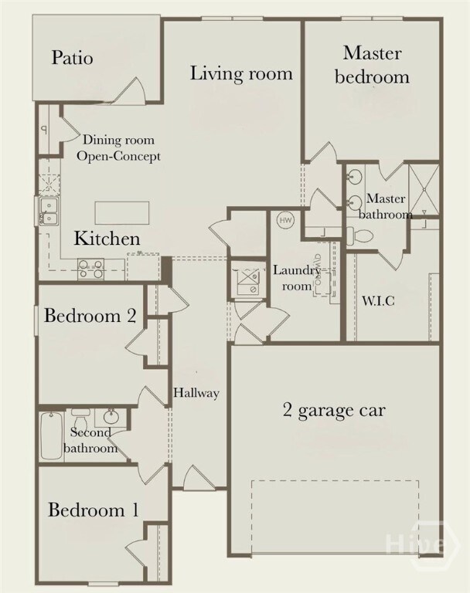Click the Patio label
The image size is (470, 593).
pos(73,58)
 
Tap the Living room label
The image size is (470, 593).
pos(241,74)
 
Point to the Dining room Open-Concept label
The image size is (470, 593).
pos(122,148)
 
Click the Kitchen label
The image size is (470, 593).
pos(107,239)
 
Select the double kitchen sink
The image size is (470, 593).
pos(48,210)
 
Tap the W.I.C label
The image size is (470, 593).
pos(379,300)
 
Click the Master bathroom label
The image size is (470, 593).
pos(390,207)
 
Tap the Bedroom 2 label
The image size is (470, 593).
pos(90,315)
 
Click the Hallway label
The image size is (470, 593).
pos(196,393)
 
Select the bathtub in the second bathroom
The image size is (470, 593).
pos(53,436)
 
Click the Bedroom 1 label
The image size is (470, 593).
pos(94,510)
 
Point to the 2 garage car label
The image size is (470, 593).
pos(333,409)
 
